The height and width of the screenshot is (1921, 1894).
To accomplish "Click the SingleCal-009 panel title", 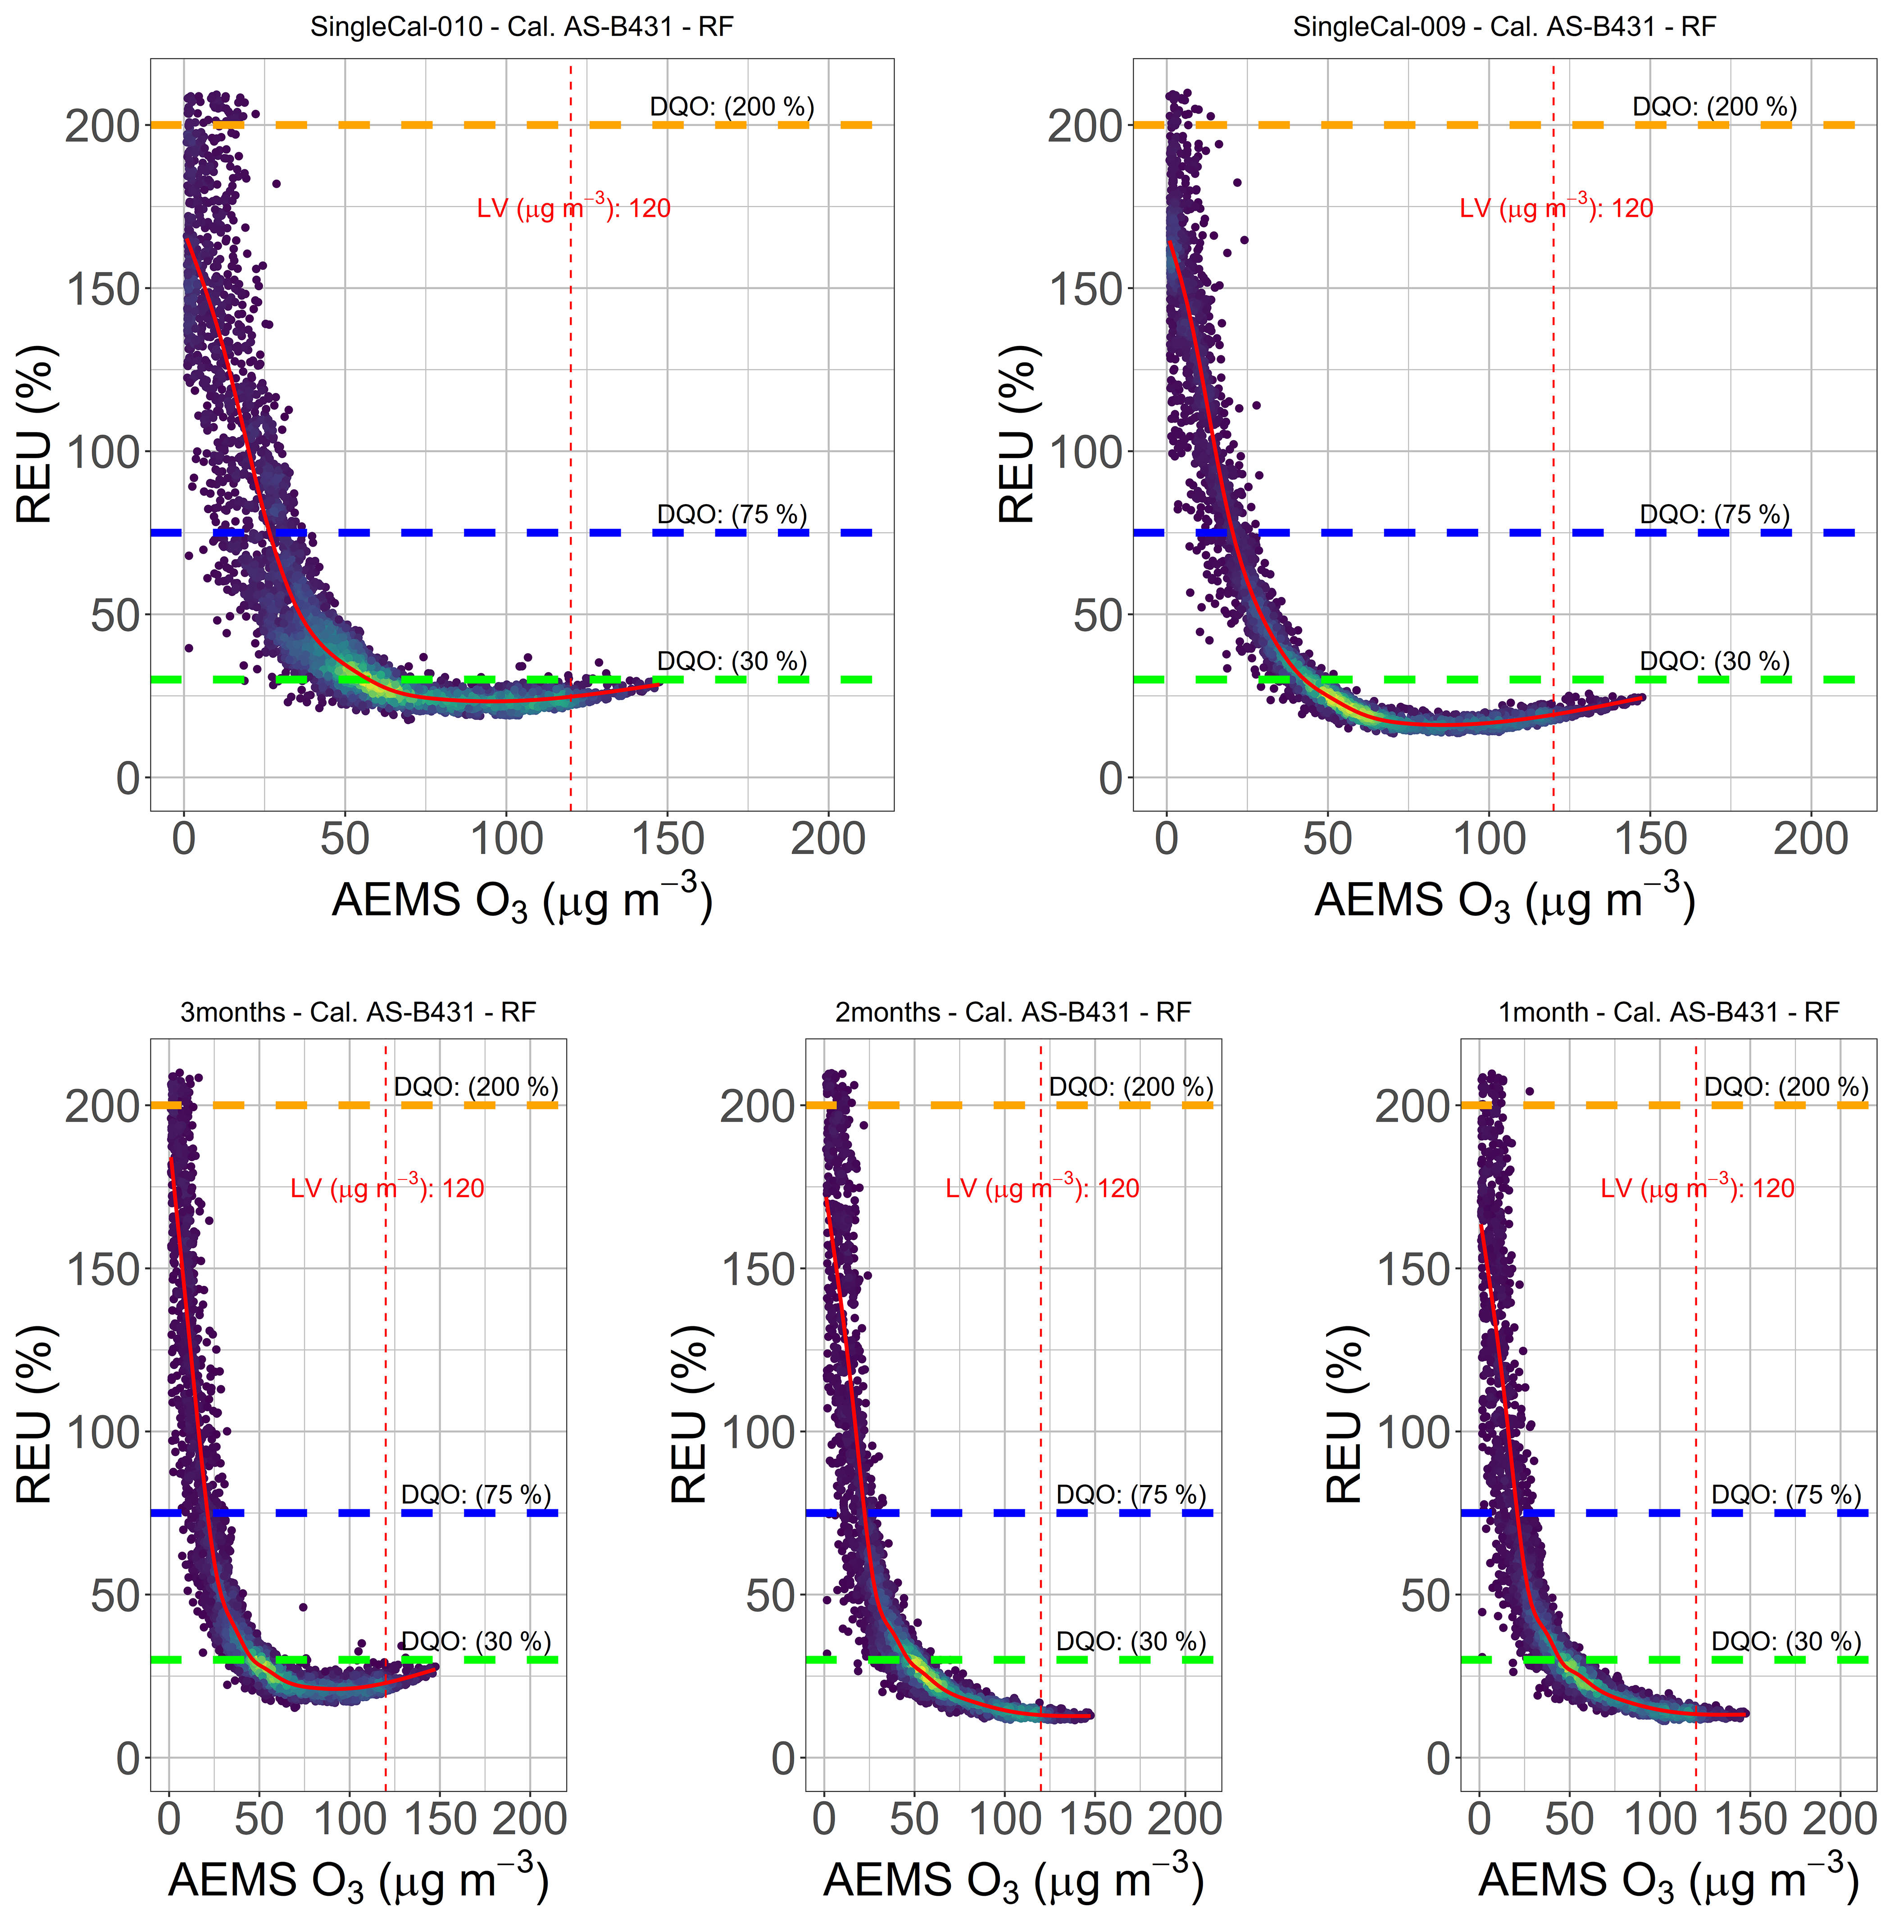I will pyautogui.click(x=1504, y=27).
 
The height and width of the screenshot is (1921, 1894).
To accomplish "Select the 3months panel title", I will pyautogui.click(x=358, y=1012).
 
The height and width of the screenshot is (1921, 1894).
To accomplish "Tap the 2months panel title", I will pyautogui.click(x=1013, y=1012).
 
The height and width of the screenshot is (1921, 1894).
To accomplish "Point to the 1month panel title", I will pyautogui.click(x=1668, y=1012).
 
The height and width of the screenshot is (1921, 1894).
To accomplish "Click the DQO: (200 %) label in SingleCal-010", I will pyautogui.click(x=732, y=106).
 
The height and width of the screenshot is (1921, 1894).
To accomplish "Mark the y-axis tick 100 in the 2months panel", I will pyautogui.click(x=758, y=1433).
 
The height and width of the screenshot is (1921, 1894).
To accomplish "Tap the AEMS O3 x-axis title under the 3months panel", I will pyautogui.click(x=358, y=1881).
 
